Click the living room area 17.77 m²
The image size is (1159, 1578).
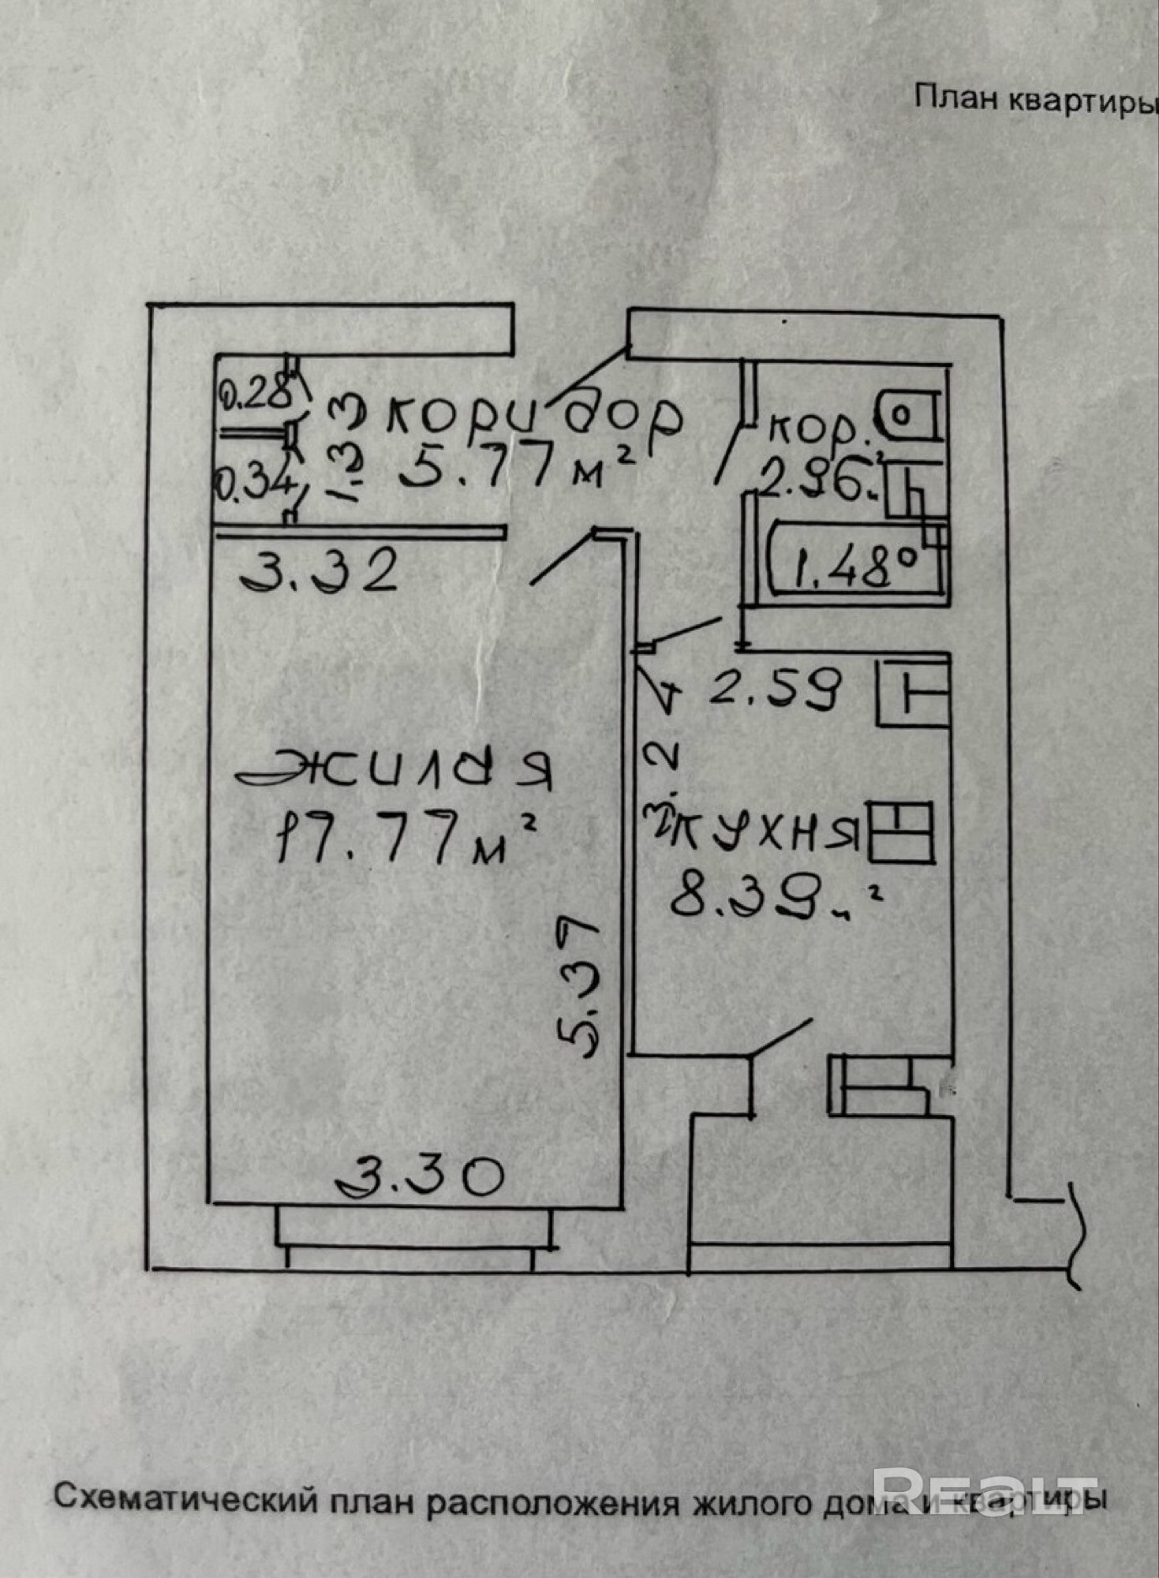point(405,838)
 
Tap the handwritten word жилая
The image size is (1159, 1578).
point(394,770)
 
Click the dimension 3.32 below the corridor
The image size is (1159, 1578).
point(320,572)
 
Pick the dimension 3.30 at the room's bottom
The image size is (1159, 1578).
point(420,1177)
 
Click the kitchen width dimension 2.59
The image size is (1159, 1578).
point(777,689)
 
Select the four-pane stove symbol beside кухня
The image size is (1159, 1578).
point(901,833)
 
